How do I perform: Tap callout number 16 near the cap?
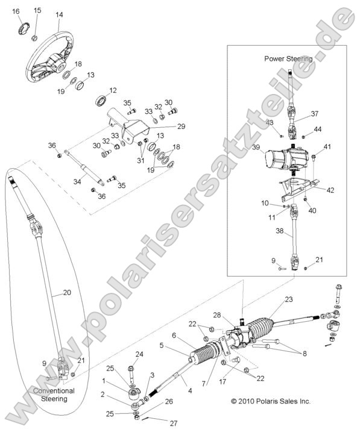[16, 11]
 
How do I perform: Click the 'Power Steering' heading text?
[288, 58]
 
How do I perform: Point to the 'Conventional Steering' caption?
[54, 395]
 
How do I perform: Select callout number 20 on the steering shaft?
[67, 292]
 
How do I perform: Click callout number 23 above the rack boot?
[289, 299]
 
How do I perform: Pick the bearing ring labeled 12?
[101, 101]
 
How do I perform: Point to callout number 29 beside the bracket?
[182, 127]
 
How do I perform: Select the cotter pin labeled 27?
[148, 418]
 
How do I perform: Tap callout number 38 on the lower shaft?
[280, 231]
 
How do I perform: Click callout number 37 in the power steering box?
[314, 114]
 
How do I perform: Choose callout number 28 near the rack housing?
[217, 315]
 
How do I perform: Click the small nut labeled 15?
[34, 38]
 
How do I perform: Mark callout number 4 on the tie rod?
[190, 391]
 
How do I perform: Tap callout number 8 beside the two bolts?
[305, 354]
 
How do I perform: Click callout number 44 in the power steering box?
[318, 130]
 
